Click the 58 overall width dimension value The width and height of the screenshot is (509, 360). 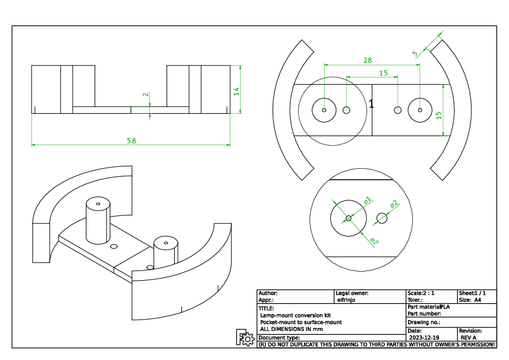coord(131,140)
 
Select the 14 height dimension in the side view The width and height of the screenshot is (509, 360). coord(237,91)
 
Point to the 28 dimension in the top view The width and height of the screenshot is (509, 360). coord(368,60)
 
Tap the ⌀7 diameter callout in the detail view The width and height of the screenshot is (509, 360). coord(374,241)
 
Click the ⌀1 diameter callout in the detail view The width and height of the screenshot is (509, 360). coord(367,199)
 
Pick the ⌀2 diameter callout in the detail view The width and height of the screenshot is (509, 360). coord(394,205)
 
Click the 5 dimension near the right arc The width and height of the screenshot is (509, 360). coord(415,53)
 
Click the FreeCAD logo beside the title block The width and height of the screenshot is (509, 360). coord(245,338)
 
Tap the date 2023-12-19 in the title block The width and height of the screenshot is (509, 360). coord(424,338)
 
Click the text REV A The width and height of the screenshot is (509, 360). coord(468,338)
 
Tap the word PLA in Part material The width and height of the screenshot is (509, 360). coord(446,307)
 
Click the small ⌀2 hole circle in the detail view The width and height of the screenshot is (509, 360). coord(381,217)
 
